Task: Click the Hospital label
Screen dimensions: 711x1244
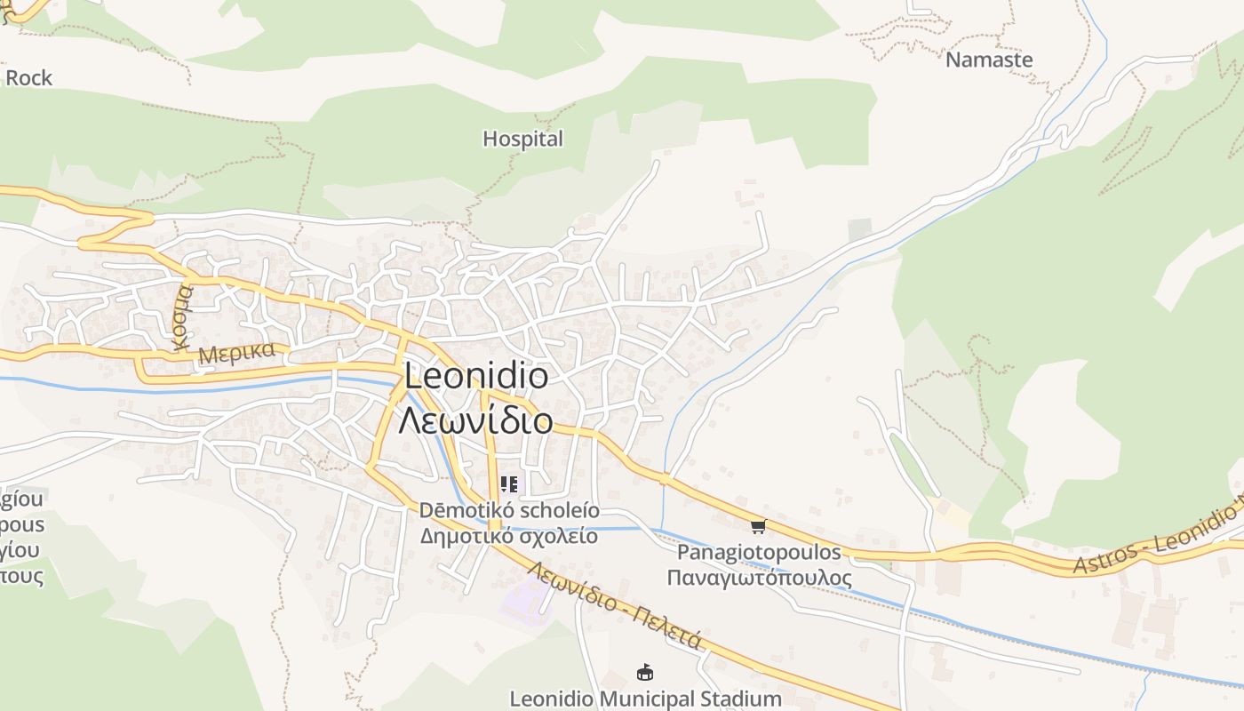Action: pyautogui.click(x=522, y=139)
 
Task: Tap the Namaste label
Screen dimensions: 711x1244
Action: pyautogui.click(x=989, y=60)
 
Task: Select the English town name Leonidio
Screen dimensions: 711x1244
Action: pyautogui.click(x=476, y=376)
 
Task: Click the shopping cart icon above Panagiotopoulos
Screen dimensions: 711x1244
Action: pyautogui.click(x=758, y=526)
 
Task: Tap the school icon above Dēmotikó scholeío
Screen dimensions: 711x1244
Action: pyautogui.click(x=509, y=484)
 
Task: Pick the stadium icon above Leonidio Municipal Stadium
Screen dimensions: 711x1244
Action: pyautogui.click(x=645, y=673)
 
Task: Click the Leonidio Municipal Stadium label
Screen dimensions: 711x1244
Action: pyautogui.click(x=645, y=699)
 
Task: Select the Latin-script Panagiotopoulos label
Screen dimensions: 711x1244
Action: pyautogui.click(x=759, y=552)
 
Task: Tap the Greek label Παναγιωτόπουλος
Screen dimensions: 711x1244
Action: pyautogui.click(x=759, y=578)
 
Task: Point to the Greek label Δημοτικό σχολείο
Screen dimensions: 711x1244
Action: pyautogui.click(x=509, y=536)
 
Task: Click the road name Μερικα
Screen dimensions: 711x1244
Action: pyautogui.click(x=236, y=352)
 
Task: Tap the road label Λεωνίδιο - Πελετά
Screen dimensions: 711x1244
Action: pyautogui.click(x=614, y=604)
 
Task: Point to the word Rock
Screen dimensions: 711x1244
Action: pyautogui.click(x=29, y=78)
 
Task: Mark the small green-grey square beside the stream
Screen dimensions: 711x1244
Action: pyautogui.click(x=859, y=229)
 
